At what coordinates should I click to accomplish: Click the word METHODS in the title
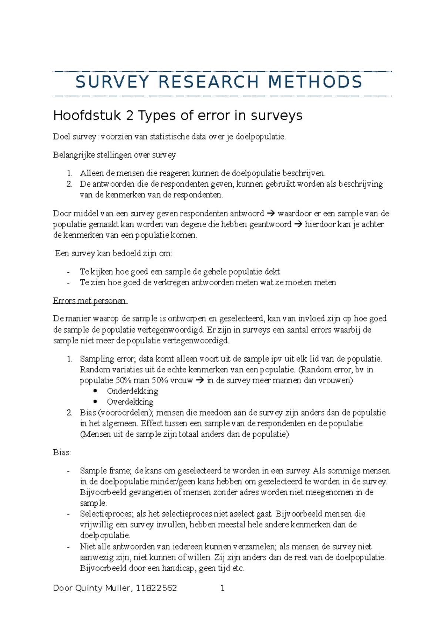315,82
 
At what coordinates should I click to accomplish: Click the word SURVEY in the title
112,82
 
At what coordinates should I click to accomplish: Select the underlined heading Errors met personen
90,301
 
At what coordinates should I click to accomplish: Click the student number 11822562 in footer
156,588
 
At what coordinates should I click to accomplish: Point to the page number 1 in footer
222,588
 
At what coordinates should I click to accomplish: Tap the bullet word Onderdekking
132,391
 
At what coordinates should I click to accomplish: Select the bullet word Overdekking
130,402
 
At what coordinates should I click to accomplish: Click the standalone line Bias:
62,453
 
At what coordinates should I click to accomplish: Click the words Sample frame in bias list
105,471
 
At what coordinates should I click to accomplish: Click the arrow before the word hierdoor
297,224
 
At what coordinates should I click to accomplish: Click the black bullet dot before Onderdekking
95,391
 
